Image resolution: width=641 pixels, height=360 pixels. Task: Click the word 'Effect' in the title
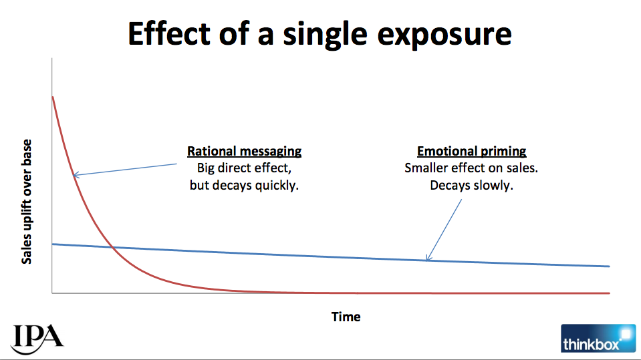point(169,33)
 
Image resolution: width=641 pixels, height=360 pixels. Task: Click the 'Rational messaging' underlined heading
point(245,151)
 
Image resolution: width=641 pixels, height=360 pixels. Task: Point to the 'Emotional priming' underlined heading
point(471,151)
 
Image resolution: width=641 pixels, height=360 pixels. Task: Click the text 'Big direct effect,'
point(244,168)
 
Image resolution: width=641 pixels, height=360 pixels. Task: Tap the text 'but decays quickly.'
point(244,185)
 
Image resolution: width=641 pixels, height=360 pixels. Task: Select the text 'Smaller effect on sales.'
point(471,168)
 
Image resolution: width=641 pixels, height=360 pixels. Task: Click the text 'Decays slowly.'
point(471,185)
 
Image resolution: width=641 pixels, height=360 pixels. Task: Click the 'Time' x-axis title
point(346,317)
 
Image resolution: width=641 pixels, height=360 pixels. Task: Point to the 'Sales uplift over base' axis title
point(27,202)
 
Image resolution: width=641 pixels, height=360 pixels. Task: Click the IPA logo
point(37,339)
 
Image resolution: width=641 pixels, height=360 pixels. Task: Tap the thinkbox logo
point(598,339)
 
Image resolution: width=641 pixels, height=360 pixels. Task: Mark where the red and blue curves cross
point(113,247)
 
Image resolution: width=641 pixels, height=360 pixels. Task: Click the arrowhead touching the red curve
point(76,175)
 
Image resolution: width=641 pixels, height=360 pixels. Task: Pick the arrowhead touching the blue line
point(427,258)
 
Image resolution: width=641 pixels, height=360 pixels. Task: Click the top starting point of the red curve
point(53,98)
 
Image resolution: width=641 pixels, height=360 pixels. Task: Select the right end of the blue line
point(609,266)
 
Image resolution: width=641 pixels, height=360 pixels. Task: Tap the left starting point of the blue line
point(53,244)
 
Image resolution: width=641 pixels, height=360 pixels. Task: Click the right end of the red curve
point(609,293)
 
